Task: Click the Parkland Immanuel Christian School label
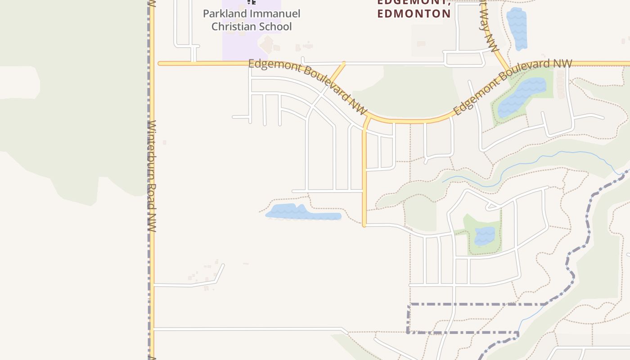[x=252, y=20]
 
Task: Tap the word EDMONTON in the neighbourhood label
[x=414, y=14]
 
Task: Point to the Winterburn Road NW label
[x=152, y=175]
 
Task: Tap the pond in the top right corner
[x=517, y=28]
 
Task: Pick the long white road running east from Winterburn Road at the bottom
[x=247, y=329]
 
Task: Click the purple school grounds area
[x=238, y=45]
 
